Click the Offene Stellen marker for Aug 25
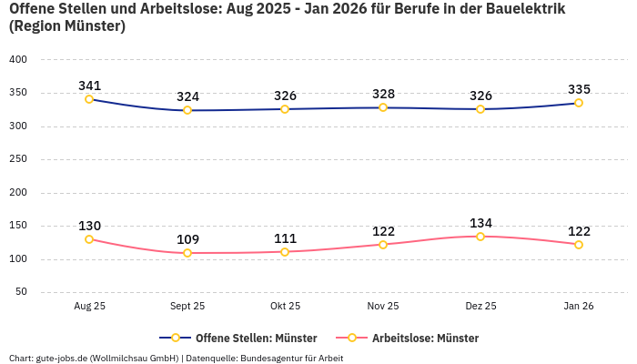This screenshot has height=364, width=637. (x=89, y=99)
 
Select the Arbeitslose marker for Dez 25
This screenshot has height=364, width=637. (x=480, y=237)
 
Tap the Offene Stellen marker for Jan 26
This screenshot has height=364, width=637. (x=579, y=103)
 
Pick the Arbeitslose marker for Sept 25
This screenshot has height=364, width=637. (x=187, y=253)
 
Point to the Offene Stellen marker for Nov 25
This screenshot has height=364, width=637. (x=383, y=107)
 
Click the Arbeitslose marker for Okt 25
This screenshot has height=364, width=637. (x=285, y=252)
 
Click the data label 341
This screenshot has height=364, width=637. (x=89, y=86)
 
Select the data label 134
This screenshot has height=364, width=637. (x=480, y=223)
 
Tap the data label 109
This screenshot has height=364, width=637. (x=187, y=239)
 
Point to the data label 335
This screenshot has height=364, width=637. (x=579, y=89)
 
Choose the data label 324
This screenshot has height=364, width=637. (x=187, y=96)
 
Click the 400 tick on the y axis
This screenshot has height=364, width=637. (x=18, y=59)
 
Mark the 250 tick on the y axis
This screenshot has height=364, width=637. (x=18, y=159)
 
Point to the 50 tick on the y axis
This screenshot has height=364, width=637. (x=21, y=292)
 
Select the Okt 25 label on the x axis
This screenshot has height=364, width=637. (x=285, y=307)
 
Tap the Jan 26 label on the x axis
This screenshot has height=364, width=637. (x=579, y=307)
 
